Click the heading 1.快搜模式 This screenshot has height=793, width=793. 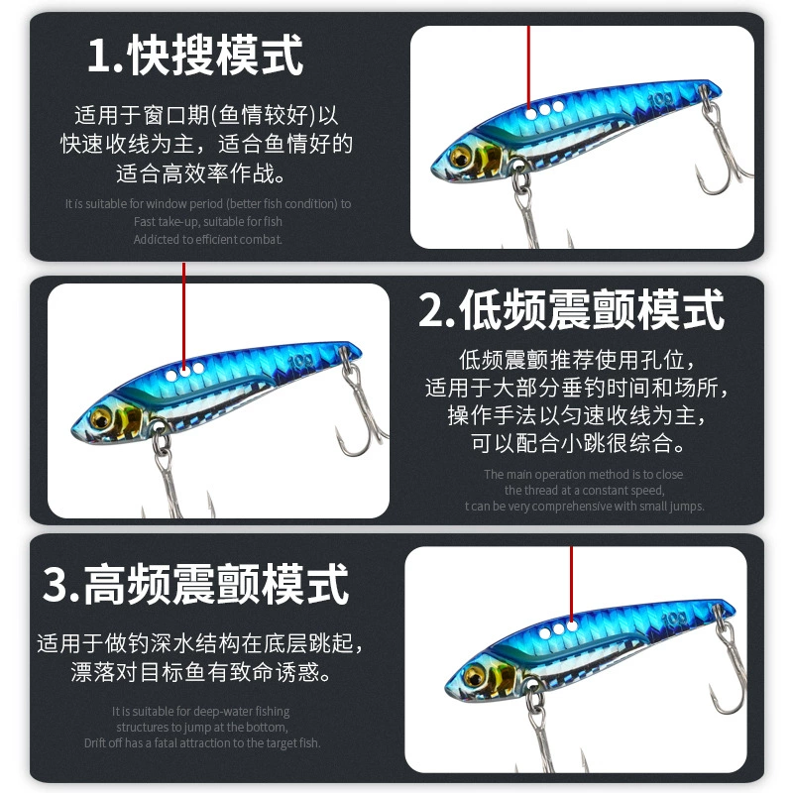click(195, 56)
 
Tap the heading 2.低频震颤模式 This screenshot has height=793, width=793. click(572, 310)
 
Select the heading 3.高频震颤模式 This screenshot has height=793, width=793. click(196, 584)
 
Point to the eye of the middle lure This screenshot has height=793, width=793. click(101, 418)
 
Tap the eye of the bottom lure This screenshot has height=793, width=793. click(475, 676)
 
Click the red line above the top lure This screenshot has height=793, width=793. click(529, 67)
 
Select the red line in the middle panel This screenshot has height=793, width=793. click(184, 316)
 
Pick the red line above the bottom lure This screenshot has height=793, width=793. click(572, 585)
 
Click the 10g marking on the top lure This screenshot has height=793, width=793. click(660, 100)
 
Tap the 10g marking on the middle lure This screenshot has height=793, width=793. click(300, 361)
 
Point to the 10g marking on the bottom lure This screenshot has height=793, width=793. click(674, 619)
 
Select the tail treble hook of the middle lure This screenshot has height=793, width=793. click(360, 404)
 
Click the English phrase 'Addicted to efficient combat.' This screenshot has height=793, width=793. click(208, 239)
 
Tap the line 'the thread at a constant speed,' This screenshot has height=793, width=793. click(584, 490)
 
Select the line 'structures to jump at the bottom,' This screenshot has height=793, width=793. click(202, 728)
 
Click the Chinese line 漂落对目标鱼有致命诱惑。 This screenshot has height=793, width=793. click(200, 672)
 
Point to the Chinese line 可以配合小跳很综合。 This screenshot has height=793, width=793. click(578, 443)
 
